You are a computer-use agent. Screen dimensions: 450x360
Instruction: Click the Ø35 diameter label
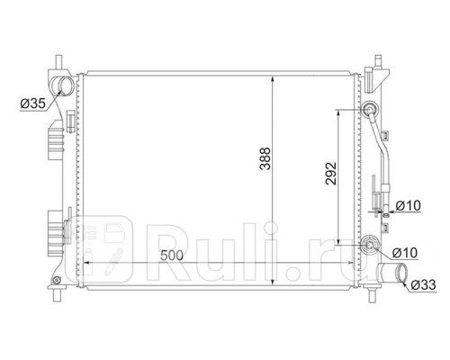click(x=32, y=103)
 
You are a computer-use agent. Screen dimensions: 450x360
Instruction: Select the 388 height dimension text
click(x=265, y=158)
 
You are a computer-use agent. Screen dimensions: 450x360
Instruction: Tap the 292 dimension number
click(x=331, y=174)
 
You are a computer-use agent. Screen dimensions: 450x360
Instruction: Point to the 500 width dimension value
click(x=172, y=256)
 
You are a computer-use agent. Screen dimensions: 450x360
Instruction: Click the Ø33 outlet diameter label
click(x=423, y=284)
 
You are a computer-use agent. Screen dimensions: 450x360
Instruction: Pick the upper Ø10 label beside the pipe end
click(x=408, y=206)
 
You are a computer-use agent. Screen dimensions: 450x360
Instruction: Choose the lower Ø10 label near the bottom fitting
click(x=405, y=253)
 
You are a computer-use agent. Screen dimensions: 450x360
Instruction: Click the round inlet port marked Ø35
click(x=63, y=85)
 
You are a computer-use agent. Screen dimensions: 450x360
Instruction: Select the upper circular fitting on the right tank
click(x=369, y=110)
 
